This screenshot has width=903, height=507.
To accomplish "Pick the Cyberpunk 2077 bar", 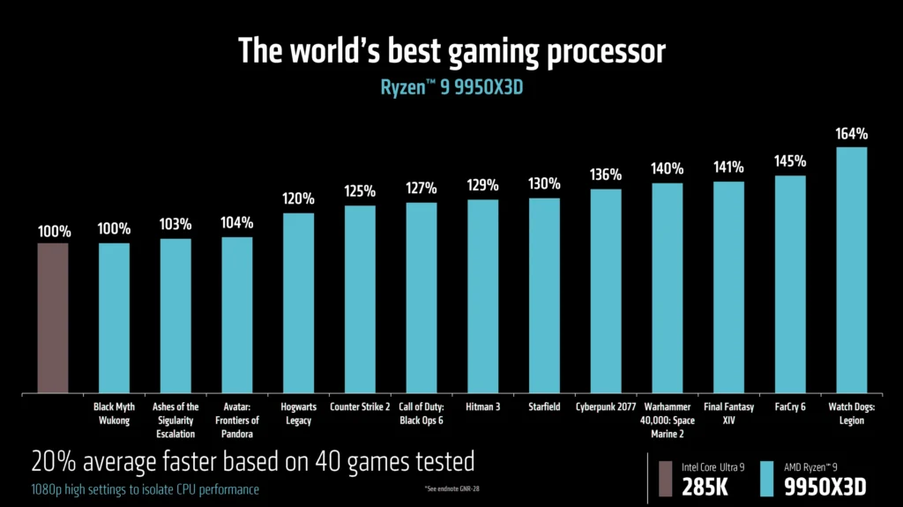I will coord(606,291).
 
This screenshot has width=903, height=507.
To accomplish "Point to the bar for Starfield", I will coord(544,295).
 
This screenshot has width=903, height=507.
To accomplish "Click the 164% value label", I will coord(852,135).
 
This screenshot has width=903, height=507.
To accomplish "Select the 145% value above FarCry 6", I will coord(790,163).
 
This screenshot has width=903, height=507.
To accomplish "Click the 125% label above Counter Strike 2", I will coord(360,190).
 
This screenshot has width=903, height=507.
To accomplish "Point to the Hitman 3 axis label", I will coord(482,407).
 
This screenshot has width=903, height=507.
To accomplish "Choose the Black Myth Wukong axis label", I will coord(114,414).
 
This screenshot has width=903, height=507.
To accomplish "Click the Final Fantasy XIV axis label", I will coord(728,414).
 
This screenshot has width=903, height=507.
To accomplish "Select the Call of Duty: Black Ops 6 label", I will coord(422,414).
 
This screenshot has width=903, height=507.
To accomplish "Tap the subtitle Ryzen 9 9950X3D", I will coord(451,87).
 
